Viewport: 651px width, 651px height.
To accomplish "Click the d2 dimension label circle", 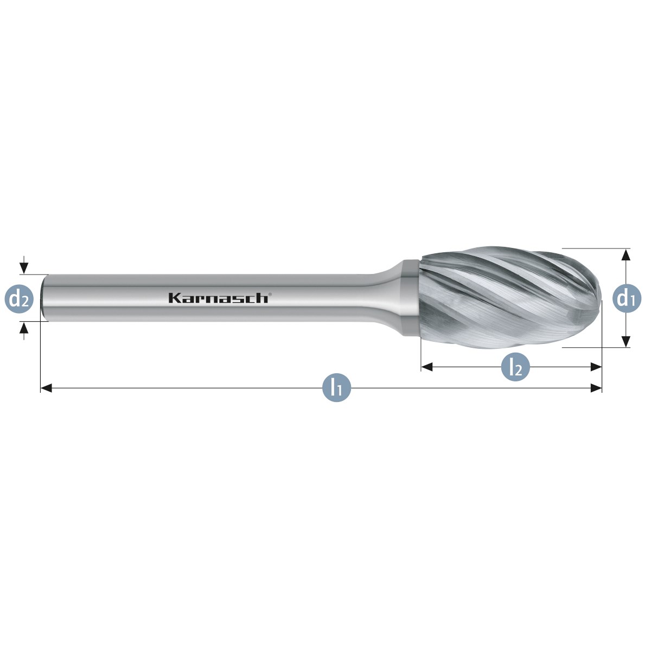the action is pyautogui.click(x=19, y=298).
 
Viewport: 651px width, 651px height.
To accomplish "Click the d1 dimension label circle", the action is pyautogui.click(x=627, y=298).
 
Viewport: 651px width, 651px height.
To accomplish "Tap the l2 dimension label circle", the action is pyautogui.click(x=515, y=367).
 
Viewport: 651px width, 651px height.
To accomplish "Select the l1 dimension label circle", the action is pyautogui.click(x=336, y=388).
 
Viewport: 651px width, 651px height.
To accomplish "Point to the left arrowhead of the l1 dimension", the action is pyautogui.click(x=46, y=388).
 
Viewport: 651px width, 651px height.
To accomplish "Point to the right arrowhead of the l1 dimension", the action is pyautogui.click(x=596, y=388).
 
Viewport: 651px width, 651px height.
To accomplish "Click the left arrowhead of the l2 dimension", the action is pyautogui.click(x=427, y=367).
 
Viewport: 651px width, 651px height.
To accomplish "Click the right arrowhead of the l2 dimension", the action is pyautogui.click(x=596, y=367).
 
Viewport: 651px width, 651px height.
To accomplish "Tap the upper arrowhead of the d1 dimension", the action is pyautogui.click(x=626, y=254).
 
